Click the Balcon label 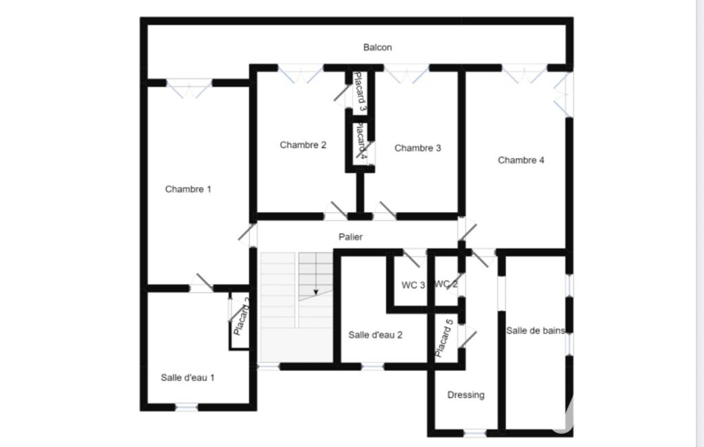tap(377, 47)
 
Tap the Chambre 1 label tap(188, 189)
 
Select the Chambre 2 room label tap(303, 145)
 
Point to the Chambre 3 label tap(418, 148)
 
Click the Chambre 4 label tap(521, 160)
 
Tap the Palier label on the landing tap(350, 237)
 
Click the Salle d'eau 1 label tap(188, 378)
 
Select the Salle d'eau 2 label tap(375, 335)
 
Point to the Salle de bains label tap(535, 331)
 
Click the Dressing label tap(466, 395)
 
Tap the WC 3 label tap(413, 285)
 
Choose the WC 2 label tap(446, 284)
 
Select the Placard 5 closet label tap(444, 338)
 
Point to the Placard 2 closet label tap(242, 317)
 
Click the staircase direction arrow tap(316, 292)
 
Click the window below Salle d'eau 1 tap(186, 407)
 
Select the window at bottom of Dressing tap(475, 433)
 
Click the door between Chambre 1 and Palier tap(248, 234)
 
